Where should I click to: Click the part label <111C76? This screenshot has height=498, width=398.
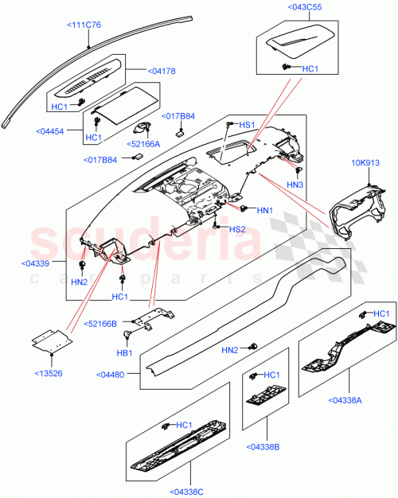point(84,25)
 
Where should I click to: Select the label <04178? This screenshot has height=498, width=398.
point(162,71)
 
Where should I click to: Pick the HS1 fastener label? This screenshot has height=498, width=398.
point(247,125)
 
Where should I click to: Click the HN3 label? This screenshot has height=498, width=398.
point(296,185)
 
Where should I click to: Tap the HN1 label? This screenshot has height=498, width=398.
point(265,210)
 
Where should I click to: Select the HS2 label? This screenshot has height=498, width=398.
point(237,229)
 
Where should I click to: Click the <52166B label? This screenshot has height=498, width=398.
point(101,324)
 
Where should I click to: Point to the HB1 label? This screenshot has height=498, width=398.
point(125,352)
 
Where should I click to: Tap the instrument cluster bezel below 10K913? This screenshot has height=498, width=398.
point(351,208)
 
